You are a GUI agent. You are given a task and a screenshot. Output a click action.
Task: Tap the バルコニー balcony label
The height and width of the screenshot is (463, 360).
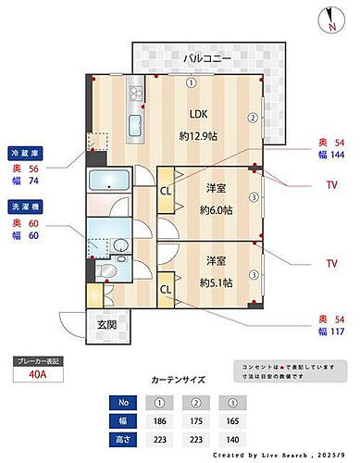click(x=207, y=58)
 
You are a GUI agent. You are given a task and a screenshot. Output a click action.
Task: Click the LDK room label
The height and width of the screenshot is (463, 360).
click(x=199, y=114)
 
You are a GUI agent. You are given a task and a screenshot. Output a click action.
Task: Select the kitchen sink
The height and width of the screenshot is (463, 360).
click(x=132, y=125)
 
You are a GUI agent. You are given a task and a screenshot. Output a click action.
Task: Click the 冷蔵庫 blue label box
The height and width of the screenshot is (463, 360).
click(x=24, y=153)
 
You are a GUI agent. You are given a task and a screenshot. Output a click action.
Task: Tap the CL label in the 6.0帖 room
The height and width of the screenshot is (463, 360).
click(x=166, y=191)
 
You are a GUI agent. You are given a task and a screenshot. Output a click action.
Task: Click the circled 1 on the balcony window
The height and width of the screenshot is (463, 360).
click(x=192, y=81)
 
